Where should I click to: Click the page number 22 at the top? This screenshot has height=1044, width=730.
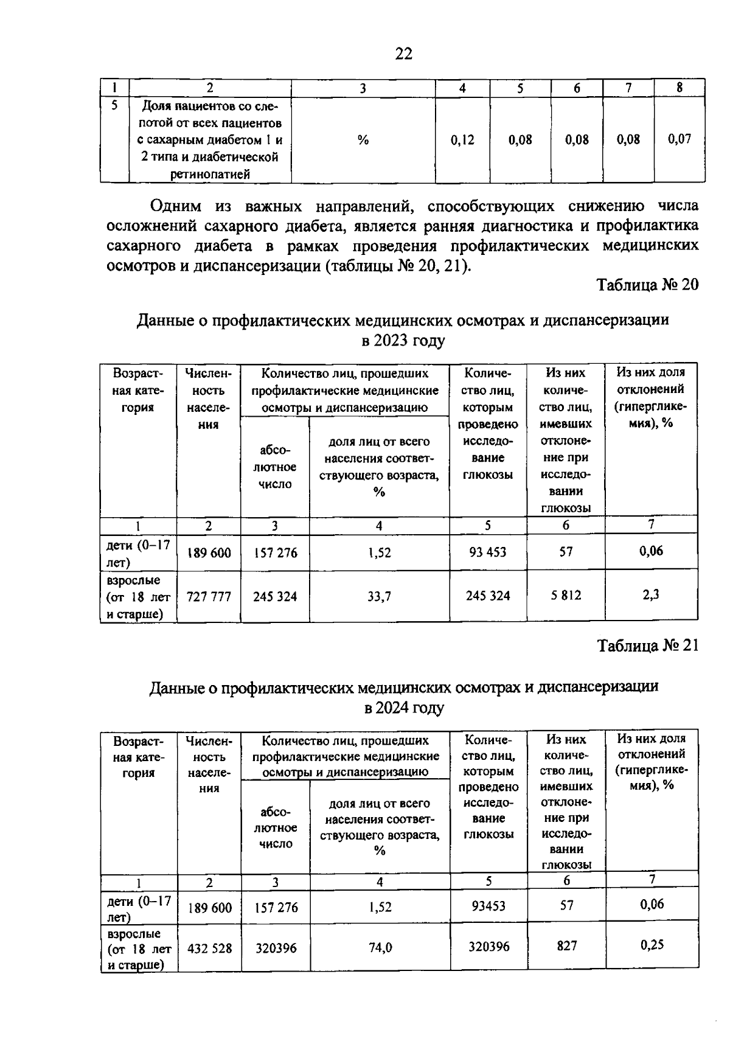click(403, 54)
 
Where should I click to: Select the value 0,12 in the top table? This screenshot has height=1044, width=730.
click(462, 140)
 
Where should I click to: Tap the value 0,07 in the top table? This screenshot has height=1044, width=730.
click(680, 139)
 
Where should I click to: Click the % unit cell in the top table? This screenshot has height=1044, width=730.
click(363, 141)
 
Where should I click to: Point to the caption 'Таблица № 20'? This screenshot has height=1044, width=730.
click(647, 285)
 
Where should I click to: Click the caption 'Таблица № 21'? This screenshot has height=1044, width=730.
click(647, 646)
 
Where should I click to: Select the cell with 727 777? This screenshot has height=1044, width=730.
click(209, 597)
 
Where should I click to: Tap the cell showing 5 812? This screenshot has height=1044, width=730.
click(566, 596)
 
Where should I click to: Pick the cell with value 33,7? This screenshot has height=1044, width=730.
click(379, 597)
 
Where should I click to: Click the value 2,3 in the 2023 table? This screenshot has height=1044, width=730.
click(651, 595)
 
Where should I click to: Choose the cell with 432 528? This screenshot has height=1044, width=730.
click(209, 948)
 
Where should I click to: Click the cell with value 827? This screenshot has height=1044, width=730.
click(566, 946)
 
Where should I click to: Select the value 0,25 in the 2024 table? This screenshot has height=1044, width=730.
click(652, 945)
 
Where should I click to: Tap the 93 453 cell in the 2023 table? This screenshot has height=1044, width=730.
click(488, 552)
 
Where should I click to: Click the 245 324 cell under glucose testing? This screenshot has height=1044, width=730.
click(488, 596)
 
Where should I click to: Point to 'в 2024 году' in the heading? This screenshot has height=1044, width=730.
click(404, 708)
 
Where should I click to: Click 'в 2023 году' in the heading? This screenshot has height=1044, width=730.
click(403, 340)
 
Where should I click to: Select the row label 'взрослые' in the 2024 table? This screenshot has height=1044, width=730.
click(133, 933)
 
